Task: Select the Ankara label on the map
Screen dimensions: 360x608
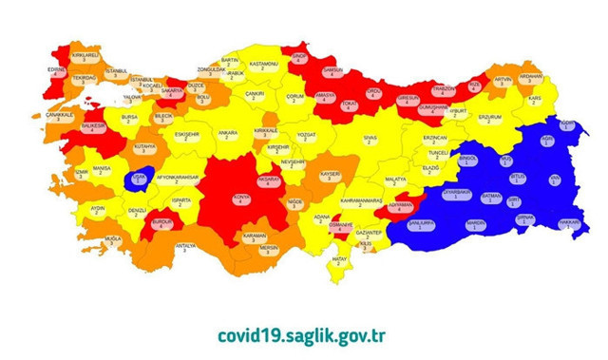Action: pos(228,135)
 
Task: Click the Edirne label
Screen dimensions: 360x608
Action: pos(56,70)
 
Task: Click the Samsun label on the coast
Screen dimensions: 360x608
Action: pos(333,72)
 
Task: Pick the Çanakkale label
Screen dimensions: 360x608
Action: pos(59,118)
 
